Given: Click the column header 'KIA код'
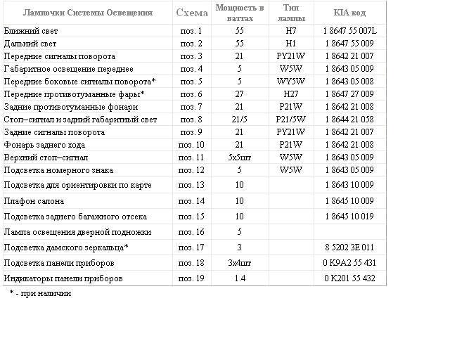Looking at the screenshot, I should (x=349, y=13).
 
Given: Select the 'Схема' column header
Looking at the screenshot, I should (x=191, y=13).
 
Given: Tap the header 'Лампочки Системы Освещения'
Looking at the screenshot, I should (x=88, y=13).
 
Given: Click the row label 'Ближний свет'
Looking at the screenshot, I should (x=31, y=31).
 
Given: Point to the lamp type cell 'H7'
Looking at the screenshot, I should (x=290, y=31).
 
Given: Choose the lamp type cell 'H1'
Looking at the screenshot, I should (x=290, y=44).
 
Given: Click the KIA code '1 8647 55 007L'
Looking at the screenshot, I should (x=349, y=31).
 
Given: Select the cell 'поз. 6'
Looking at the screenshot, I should (x=191, y=94).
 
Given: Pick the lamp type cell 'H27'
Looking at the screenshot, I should (x=290, y=94).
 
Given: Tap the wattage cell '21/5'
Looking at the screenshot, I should (x=239, y=120).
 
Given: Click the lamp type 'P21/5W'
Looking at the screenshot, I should (x=290, y=120).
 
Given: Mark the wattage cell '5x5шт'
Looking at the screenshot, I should (x=239, y=157).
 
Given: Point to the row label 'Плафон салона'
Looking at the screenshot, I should (x=34, y=201).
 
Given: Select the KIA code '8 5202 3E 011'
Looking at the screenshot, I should (x=349, y=247).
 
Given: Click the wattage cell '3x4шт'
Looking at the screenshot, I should (x=239, y=263).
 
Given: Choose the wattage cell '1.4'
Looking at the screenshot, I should (x=239, y=278).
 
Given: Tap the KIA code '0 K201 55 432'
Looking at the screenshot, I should (x=349, y=278).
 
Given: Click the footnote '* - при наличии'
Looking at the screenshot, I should (x=40, y=293).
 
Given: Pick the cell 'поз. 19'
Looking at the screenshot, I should (x=191, y=278).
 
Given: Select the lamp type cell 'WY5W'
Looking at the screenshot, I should (x=290, y=82).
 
